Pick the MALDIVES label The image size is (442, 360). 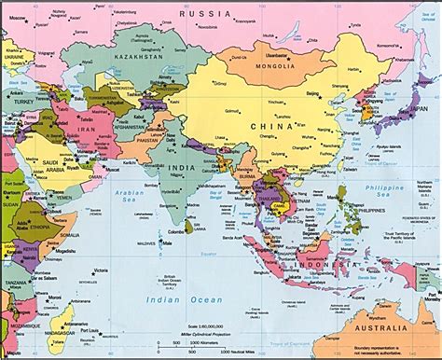[x=146, y=244]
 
